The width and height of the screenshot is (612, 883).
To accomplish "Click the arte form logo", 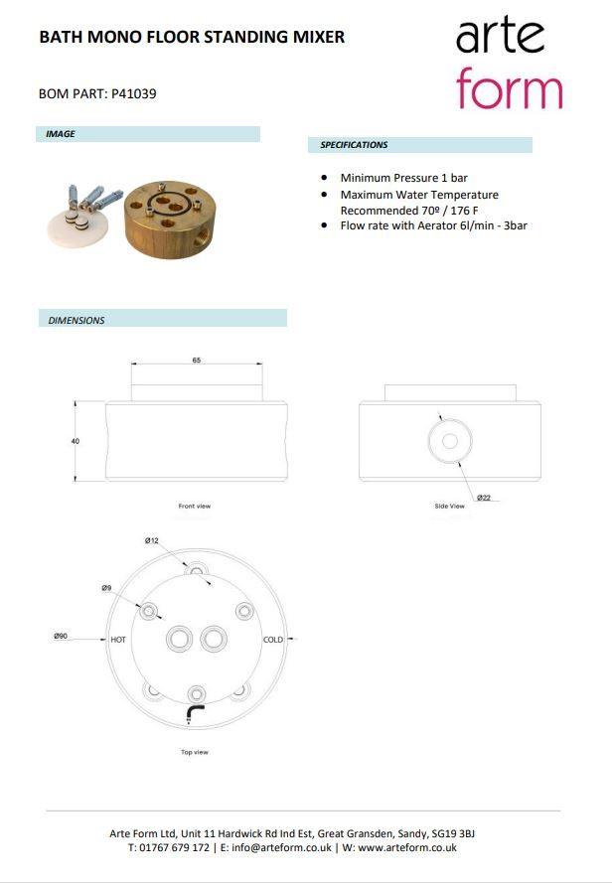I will [508, 65].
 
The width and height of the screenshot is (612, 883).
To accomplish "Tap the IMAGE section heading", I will [61, 134].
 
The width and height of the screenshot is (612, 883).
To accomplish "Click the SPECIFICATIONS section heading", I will [354, 145].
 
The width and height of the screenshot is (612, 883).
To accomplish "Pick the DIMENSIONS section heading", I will [76, 320].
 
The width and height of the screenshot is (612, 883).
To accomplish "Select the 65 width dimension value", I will [197, 361].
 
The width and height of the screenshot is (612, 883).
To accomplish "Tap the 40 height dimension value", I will [76, 440].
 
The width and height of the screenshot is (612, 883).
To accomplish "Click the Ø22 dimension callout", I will [483, 497].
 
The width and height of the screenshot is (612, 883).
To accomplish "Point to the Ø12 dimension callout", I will [152, 540].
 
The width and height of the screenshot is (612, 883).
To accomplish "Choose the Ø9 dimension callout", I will [106, 588].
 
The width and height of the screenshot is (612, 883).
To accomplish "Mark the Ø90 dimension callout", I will [62, 636].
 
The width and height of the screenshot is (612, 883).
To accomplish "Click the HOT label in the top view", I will [117, 640].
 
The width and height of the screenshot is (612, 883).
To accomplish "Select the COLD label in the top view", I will [273, 640].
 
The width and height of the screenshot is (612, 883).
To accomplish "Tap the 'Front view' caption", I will [195, 507].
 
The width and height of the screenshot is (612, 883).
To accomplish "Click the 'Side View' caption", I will [449, 507].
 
